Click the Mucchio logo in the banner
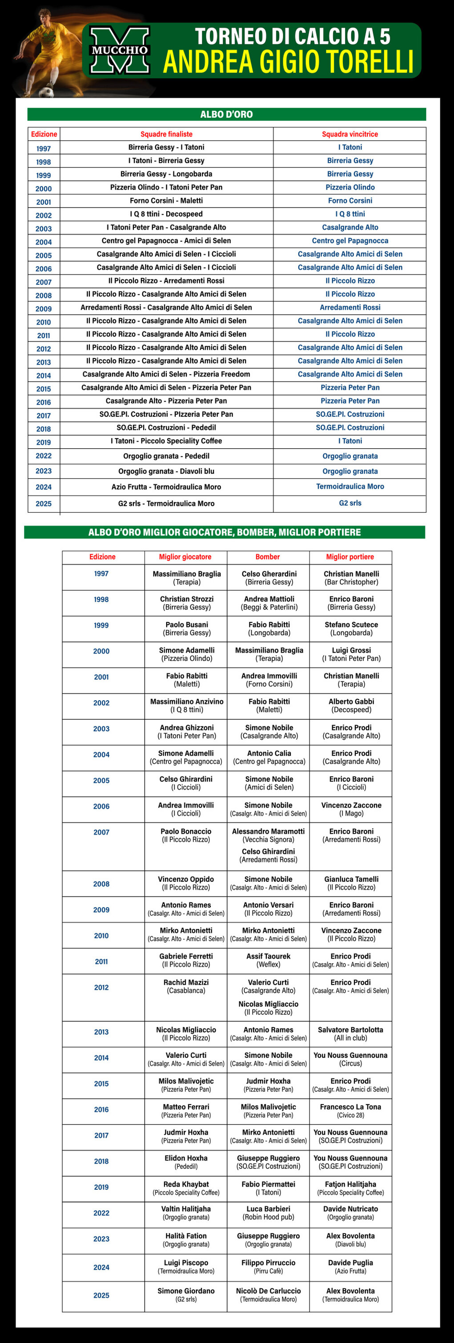click(120, 51)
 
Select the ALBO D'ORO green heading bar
click(226, 115)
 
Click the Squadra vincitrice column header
click(350, 135)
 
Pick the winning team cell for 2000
click(350, 187)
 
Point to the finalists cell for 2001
click(166, 201)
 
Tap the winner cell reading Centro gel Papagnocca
click(350, 241)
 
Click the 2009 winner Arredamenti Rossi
click(350, 307)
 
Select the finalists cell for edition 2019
click(166, 441)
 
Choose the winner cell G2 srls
click(350, 503)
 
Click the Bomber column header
click(268, 557)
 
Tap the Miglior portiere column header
click(350, 557)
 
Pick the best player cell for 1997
click(186, 578)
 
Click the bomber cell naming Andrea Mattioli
click(269, 603)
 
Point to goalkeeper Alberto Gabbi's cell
click(351, 706)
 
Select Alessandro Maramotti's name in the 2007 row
click(268, 832)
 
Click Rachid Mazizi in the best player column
click(186, 983)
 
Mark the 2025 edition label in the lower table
click(101, 1295)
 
